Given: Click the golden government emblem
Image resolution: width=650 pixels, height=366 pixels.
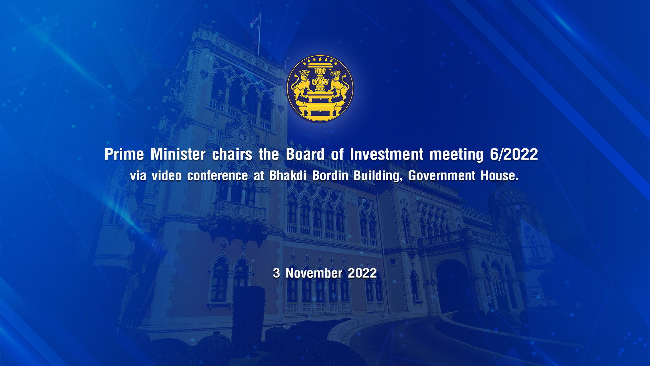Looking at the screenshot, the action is coord(320,88).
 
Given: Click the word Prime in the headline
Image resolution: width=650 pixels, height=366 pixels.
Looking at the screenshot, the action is coord(124,155).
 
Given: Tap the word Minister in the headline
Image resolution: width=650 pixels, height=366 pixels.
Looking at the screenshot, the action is coord(178,155).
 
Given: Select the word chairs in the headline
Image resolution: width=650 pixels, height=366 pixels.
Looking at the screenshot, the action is coord(232,155).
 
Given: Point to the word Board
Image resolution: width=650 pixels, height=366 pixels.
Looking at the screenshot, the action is coord(305,155).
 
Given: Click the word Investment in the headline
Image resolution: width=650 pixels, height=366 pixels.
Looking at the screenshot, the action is coord(387,155).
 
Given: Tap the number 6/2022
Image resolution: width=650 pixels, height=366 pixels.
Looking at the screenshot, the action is coord(514,155).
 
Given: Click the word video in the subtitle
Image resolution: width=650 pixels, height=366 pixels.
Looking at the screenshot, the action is coord(167,176).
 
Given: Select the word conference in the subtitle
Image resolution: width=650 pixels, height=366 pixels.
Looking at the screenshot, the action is coord(218,176).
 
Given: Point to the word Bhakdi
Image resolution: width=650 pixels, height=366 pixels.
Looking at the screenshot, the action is coord(288,176).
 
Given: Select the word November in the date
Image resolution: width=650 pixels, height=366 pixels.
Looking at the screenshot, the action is coord(314,273).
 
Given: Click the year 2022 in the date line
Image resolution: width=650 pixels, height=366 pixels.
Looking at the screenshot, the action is coord(362,273).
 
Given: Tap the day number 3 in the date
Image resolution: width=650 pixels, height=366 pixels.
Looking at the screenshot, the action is coord(276,273).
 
